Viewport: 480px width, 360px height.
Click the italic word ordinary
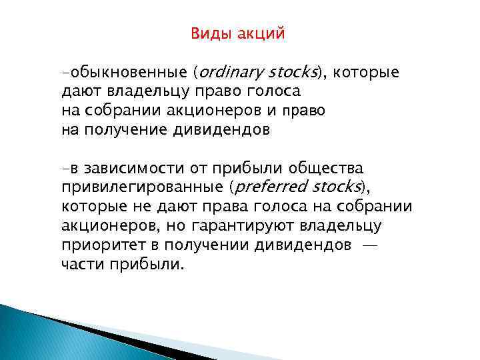[x=230, y=71]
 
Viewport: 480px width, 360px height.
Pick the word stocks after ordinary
[x=295, y=71]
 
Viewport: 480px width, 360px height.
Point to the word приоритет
[x=99, y=245]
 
